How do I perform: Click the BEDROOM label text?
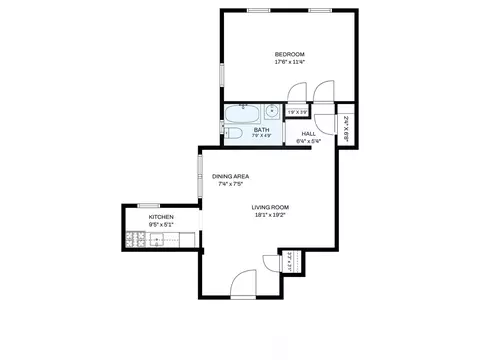[290, 54]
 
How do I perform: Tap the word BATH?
[261, 129]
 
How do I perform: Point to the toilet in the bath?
[233, 132]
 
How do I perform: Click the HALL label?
[309, 133]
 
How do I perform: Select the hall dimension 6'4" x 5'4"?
[309, 141]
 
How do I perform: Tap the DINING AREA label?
[230, 176]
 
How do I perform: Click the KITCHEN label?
[161, 217]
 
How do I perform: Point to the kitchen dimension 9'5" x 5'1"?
[161, 225]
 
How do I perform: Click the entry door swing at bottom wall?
[243, 284]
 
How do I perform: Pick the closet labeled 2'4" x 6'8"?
[345, 127]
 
